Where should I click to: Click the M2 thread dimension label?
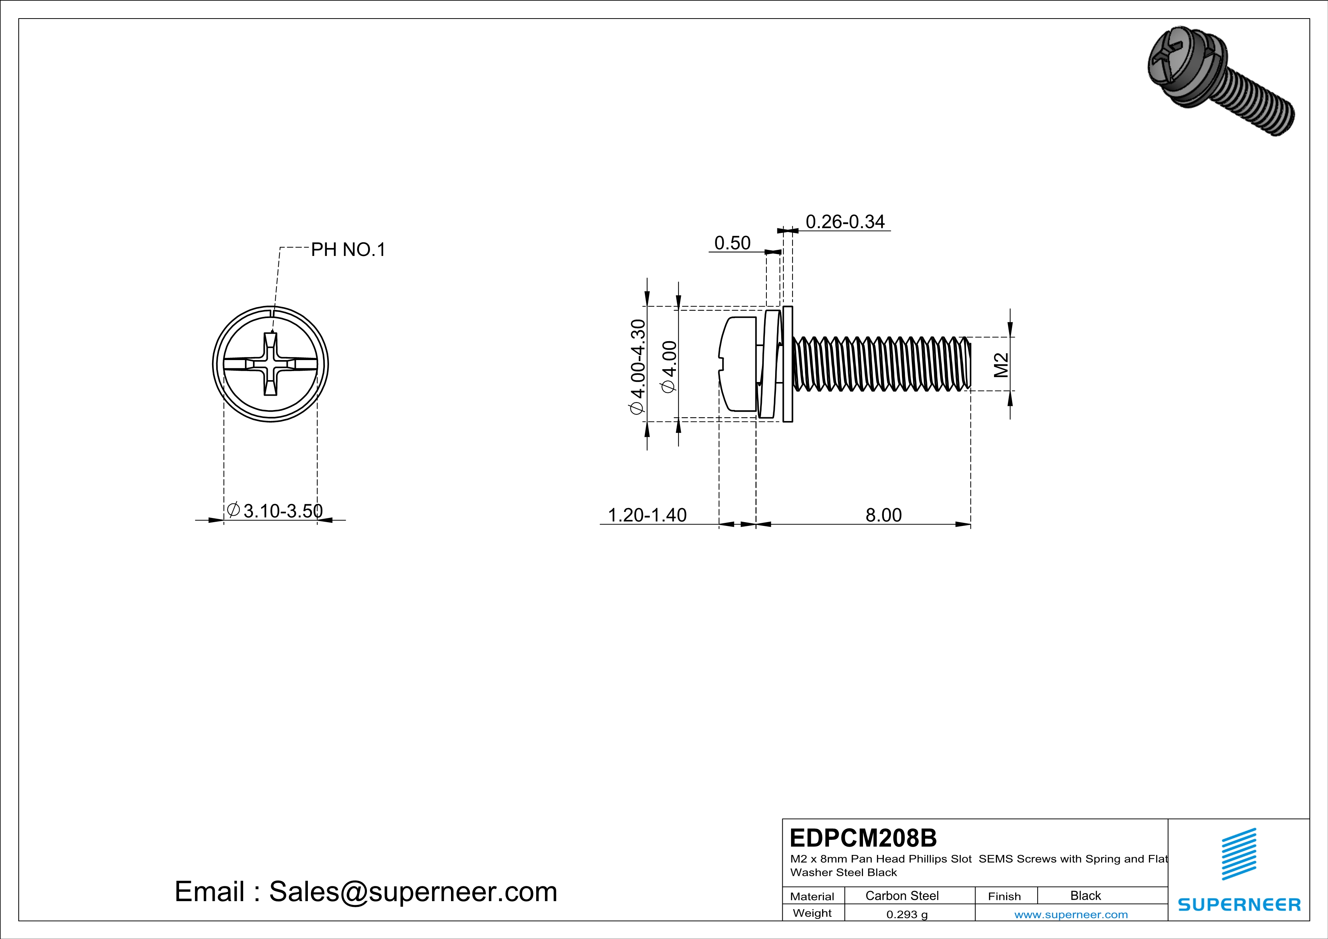point(1001,365)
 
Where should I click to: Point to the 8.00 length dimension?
point(883,515)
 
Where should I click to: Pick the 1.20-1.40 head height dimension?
point(647,515)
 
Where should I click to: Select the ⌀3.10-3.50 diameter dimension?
point(275,510)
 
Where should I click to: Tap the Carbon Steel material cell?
point(902,895)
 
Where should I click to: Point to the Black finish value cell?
point(1085,895)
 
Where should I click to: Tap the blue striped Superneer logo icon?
point(1238,854)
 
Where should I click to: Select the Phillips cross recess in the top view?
point(270,364)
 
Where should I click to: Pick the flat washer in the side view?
point(787,364)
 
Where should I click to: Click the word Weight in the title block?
point(812,913)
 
